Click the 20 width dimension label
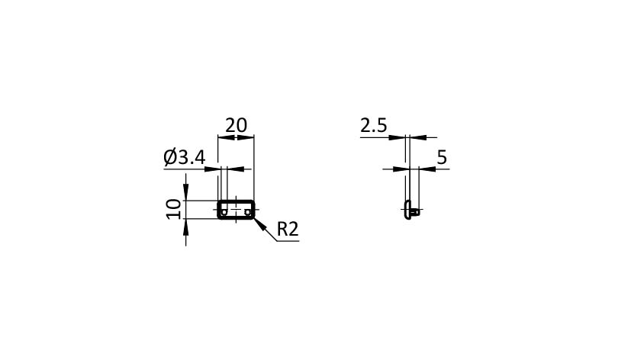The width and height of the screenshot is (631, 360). pyautogui.click(x=236, y=126)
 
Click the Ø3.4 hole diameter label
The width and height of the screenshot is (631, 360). pyautogui.click(x=185, y=157)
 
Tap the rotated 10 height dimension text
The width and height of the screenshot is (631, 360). pyautogui.click(x=174, y=209)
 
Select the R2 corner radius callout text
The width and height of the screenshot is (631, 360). pyautogui.click(x=288, y=229)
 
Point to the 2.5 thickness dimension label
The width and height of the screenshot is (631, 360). pyautogui.click(x=373, y=126)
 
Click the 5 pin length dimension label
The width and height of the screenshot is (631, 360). pyautogui.click(x=442, y=157)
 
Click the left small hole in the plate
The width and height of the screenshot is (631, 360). pyautogui.click(x=224, y=211)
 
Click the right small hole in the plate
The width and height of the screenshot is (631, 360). pyautogui.click(x=247, y=211)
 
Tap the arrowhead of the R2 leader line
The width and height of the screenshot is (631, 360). pyautogui.click(x=259, y=223)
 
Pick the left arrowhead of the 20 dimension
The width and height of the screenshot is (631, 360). pyautogui.click(x=226, y=137)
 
